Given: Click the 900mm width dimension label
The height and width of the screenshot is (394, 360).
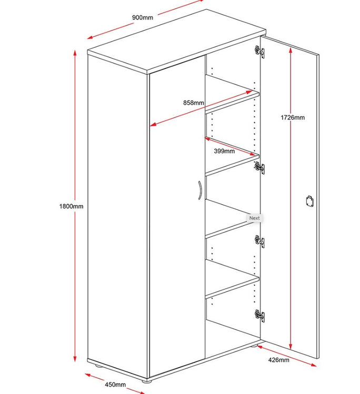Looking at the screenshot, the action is tap(143, 17).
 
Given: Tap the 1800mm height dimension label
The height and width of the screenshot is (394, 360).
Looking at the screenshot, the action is tap(71, 206).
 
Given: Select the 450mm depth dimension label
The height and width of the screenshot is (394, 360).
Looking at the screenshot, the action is tap(115, 385).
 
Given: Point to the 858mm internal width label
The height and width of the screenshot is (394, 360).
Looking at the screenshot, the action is tap(193, 103).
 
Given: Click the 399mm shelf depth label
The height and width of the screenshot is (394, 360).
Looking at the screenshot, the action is tap(224, 151).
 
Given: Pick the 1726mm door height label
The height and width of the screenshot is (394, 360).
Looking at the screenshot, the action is tap(293, 117).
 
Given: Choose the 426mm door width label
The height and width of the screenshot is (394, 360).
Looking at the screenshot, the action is tap(278, 360).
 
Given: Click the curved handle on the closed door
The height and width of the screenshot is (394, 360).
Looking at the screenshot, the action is tap(200, 190).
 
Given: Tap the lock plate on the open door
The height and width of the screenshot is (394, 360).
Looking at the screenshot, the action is tap(310, 201).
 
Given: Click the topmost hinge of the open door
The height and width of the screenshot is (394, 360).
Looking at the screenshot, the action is tap(259, 52).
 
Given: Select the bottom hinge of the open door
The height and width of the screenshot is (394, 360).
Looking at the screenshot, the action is tap(259, 315).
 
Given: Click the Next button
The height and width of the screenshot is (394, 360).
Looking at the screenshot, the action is tap(254, 218).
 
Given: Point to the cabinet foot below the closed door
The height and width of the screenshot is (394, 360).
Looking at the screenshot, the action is tap(146, 381).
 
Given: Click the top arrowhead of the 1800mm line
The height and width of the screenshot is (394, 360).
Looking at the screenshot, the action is tap(75, 53).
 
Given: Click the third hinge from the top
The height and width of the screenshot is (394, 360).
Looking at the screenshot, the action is tap(259, 241).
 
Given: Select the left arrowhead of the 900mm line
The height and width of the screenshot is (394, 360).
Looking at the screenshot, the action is tap(91, 37).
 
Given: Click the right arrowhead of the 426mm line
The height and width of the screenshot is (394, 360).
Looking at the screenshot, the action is tap(313, 365).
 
